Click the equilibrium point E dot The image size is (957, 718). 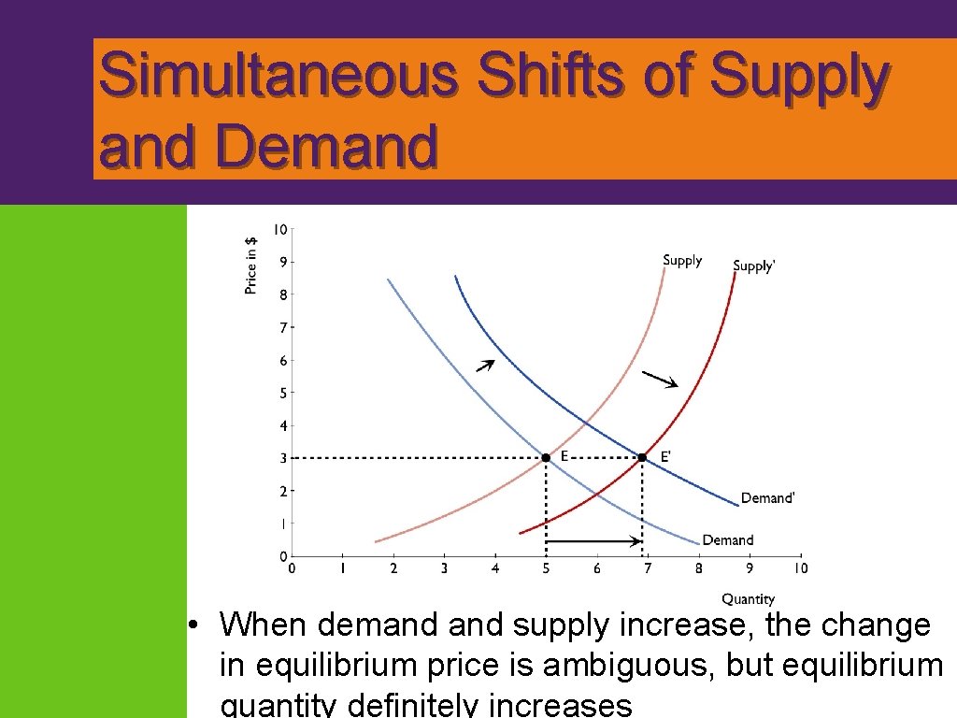pos(546,457)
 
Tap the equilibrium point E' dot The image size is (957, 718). pos(642,457)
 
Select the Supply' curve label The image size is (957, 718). pos(753,266)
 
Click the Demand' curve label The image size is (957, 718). pos(767,498)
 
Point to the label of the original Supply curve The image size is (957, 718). pos(681,261)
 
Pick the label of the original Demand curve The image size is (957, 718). pos(727,540)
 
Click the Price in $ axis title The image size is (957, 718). pos(250,265)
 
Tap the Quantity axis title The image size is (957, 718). pos(748,599)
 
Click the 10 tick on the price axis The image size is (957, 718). pos(280,229)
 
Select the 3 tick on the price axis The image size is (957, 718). pos(283,458)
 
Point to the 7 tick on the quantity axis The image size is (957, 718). pos(648,567)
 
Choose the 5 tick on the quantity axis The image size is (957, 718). pos(546,567)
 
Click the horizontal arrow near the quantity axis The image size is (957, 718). pos(594,540)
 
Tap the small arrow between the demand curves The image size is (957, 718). pos(484,366)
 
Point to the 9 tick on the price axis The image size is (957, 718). pos(283,262)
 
